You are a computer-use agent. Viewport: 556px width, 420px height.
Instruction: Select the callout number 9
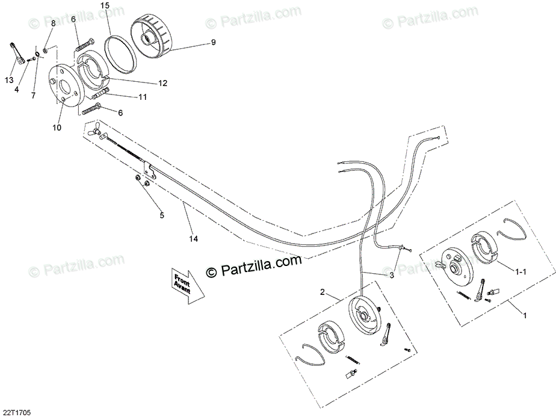[212, 42]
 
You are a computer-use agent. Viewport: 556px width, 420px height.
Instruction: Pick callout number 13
[9, 80]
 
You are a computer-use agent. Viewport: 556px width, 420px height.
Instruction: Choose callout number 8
[53, 23]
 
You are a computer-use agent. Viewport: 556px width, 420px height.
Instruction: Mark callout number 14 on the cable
[193, 238]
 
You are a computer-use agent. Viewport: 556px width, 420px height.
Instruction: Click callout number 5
[161, 214]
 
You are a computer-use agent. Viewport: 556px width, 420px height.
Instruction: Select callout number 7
[34, 96]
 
